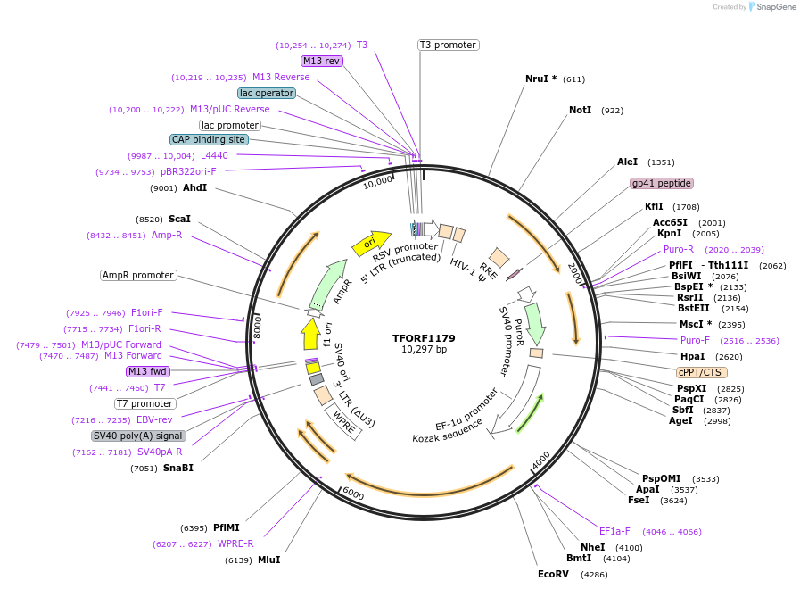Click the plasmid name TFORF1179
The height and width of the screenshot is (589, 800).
tap(424, 338)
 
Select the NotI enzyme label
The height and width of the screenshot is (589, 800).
tap(580, 111)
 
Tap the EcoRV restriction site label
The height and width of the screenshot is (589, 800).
tap(553, 574)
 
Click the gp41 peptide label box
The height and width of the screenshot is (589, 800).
tap(661, 183)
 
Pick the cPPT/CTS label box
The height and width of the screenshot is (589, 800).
tap(702, 372)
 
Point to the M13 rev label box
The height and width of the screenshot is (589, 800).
tap(321, 61)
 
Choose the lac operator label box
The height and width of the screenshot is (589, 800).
tap(266, 93)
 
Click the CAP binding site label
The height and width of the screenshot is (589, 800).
tap(209, 139)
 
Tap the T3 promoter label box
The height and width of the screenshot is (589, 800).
tap(448, 45)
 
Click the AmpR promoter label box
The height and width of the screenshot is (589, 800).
tap(138, 275)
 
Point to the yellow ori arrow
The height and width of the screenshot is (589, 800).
tap(371, 242)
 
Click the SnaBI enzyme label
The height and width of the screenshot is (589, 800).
tap(177, 468)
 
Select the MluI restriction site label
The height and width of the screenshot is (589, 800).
tap(268, 560)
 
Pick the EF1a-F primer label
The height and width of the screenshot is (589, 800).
tap(614, 531)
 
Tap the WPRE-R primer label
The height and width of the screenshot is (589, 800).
tap(235, 543)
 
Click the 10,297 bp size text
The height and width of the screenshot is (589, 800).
tap(424, 349)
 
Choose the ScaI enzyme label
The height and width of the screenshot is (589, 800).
tap(179, 219)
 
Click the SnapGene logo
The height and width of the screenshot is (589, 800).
tap(771, 7)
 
